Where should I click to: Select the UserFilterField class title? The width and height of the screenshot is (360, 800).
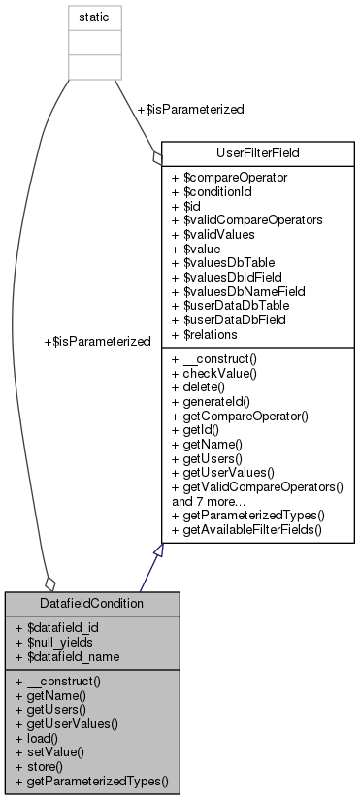[257, 153]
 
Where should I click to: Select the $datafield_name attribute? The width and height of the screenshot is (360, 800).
[69, 655]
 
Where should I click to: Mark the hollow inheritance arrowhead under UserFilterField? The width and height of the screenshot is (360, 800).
[161, 552]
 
